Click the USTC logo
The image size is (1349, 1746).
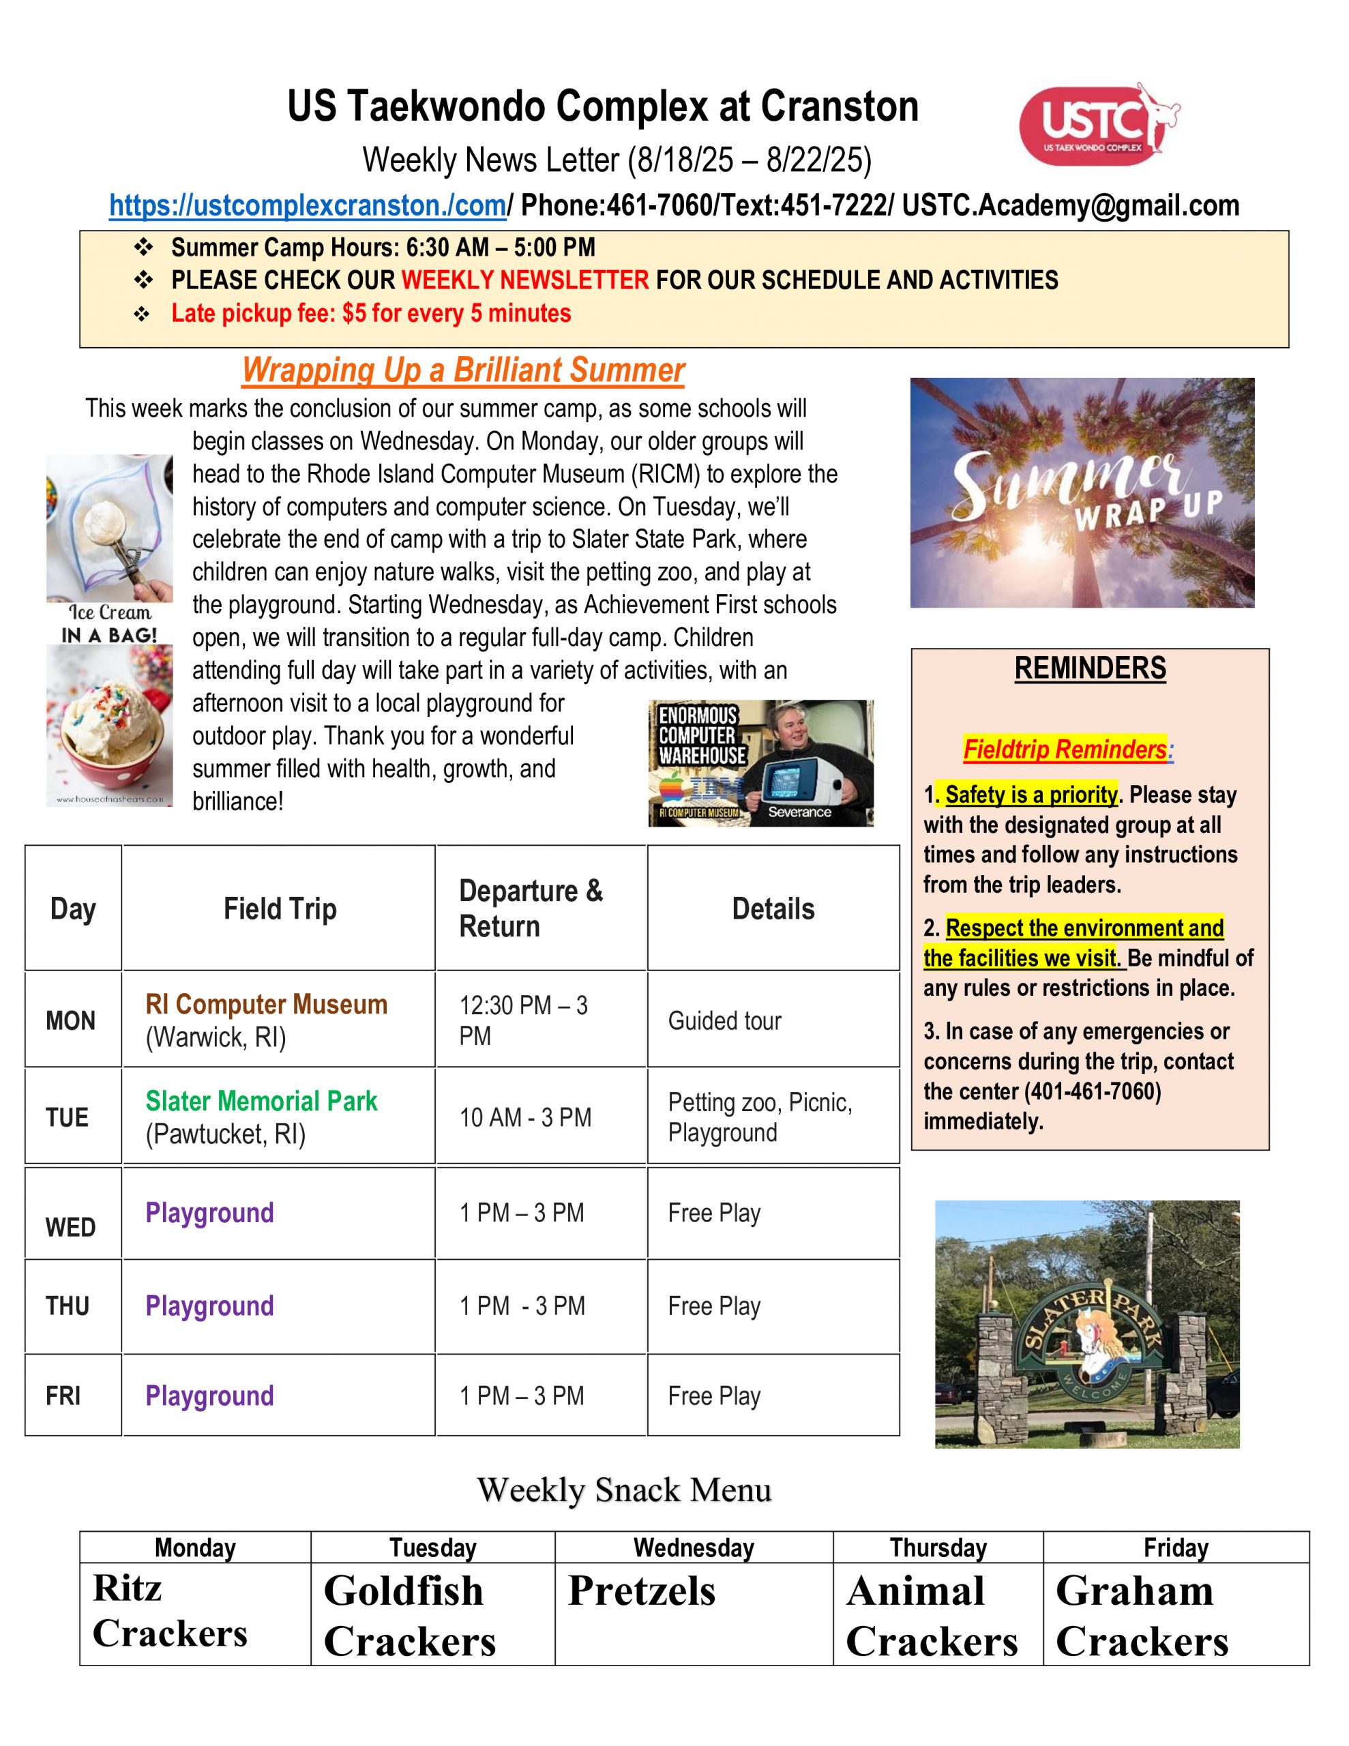point(1097,124)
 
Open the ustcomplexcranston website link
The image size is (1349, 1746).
point(307,205)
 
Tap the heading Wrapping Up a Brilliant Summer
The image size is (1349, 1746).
point(463,370)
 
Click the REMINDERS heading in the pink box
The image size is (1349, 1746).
point(1089,668)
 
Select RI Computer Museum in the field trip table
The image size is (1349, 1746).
point(266,1004)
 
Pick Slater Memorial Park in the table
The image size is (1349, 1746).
point(261,1101)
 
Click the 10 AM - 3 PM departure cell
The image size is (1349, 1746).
point(524,1117)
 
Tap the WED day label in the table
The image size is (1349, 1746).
point(70,1227)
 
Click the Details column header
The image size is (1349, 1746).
point(773,909)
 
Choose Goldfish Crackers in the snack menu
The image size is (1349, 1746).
point(409,1615)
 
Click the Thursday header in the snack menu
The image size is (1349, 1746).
point(938,1548)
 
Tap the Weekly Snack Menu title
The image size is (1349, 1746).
point(624,1490)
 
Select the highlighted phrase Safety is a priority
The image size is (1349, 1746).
point(1030,795)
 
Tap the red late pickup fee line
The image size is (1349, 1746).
point(371,313)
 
